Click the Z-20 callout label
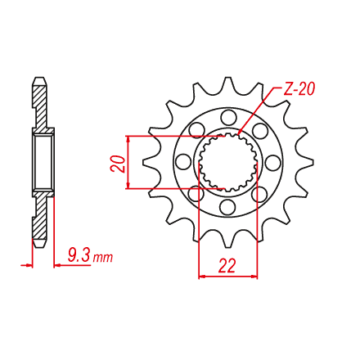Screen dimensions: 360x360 coord(299,88)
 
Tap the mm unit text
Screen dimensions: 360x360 coord(102,258)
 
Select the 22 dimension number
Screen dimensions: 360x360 coord(227,266)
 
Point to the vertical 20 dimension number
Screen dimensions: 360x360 coord(118,164)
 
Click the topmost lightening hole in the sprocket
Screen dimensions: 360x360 coord(228,117)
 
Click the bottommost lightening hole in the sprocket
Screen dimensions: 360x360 coord(228,207)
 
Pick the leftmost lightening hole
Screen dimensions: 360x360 coord(183,162)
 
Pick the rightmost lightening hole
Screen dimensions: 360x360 coord(273,162)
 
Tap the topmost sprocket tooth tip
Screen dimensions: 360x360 coord(228,78)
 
